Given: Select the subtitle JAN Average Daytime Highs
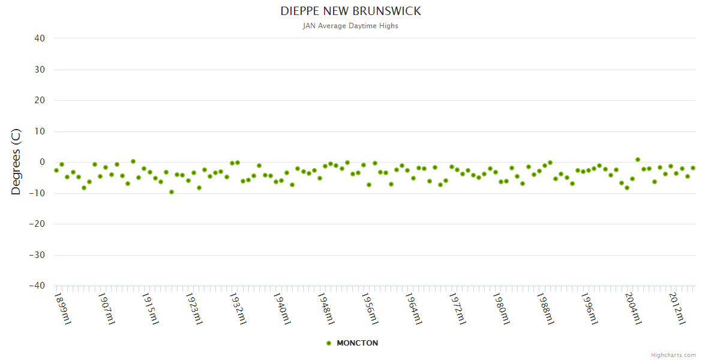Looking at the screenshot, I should coord(350,26).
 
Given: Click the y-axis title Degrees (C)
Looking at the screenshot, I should coord(16,162).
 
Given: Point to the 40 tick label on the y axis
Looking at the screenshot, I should coord(40,38).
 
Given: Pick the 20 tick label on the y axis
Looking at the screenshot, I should coord(40,100).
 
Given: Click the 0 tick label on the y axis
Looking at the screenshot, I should coord(42,162).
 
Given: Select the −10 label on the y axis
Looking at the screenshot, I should coord(37,193).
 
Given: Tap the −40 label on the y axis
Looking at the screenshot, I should coord(37,286).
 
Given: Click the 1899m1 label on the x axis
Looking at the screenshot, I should coord(63,308).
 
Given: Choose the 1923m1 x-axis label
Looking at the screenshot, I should coord(194,308).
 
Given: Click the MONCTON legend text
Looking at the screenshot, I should coord(358,343).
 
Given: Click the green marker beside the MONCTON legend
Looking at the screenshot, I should coord(328,343).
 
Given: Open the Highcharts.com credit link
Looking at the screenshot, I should coord(673,355).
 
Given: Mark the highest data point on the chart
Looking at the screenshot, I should coord(638,160).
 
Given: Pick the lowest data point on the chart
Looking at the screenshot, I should coord(172,192).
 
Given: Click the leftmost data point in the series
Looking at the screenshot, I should coord(56,170).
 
